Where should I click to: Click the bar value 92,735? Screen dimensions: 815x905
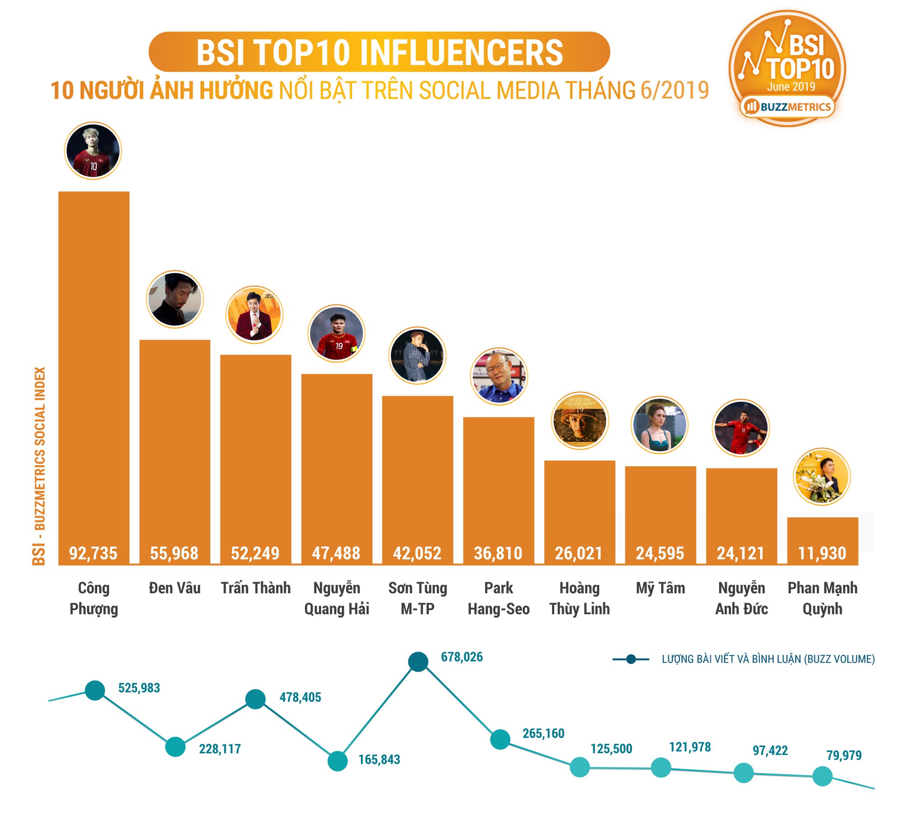click(93, 553)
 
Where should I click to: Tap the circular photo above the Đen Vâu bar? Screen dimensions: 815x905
click(175, 299)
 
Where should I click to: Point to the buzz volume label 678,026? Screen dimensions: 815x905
click(462, 657)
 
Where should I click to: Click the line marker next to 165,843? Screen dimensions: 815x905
click(337, 761)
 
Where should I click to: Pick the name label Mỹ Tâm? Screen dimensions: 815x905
click(660, 588)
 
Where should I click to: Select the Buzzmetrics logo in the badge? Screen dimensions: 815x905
click(787, 107)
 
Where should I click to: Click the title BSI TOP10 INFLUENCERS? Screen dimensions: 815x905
click(379, 52)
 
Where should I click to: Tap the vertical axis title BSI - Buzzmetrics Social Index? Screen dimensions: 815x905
click(39, 466)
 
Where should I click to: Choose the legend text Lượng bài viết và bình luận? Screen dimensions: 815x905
click(768, 659)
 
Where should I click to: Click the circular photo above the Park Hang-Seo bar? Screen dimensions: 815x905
click(499, 376)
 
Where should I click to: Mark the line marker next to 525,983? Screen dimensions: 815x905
click(95, 690)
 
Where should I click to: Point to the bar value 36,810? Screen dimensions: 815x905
click(498, 553)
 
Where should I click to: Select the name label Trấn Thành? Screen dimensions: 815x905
click(256, 588)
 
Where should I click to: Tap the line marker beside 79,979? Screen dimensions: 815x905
click(822, 776)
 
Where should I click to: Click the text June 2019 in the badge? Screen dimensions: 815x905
click(791, 86)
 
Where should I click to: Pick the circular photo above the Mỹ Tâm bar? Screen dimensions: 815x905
click(660, 425)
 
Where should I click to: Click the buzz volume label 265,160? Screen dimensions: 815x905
click(543, 733)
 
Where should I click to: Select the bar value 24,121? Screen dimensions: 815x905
click(741, 553)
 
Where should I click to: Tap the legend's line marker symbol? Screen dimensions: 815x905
click(631, 659)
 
